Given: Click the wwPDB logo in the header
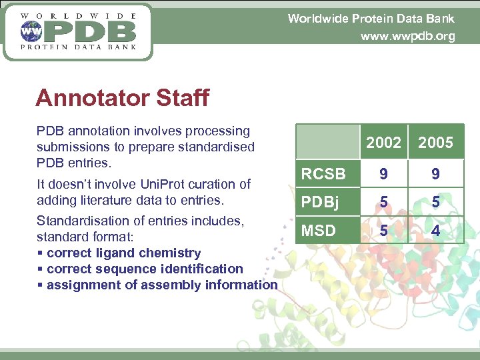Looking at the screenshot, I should tap(78, 31).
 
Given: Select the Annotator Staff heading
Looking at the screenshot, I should tap(122, 98).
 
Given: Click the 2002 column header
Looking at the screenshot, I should tap(383, 143).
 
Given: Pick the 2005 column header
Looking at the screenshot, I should tap(435, 143).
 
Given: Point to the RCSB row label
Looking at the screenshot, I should tap(323, 174).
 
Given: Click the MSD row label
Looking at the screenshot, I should tap(319, 231).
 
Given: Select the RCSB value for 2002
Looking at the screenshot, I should tap(383, 174).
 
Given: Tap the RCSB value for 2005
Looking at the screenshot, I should tap(435, 174).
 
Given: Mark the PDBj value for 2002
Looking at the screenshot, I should tap(383, 202).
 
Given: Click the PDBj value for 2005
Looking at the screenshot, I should tap(435, 202).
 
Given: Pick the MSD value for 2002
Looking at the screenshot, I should tap(383, 231).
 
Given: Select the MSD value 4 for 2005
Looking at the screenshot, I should tap(435, 231).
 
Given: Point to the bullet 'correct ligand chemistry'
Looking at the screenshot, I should tap(123, 253).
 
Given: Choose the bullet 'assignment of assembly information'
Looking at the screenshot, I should tap(161, 285).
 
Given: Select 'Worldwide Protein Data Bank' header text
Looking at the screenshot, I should tap(371, 19).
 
